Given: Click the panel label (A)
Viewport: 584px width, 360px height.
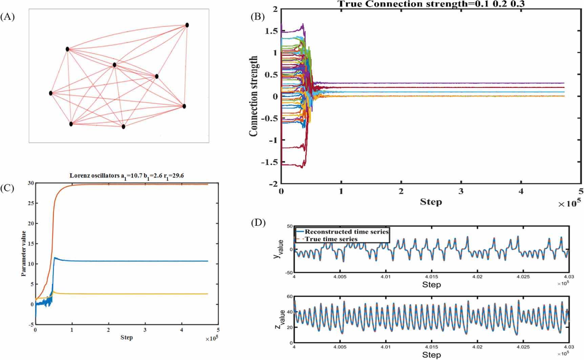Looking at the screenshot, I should coord(7,17).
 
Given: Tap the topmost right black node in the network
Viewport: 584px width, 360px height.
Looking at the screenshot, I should coord(187,25).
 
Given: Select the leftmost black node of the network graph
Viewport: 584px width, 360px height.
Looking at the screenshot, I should coord(51,93).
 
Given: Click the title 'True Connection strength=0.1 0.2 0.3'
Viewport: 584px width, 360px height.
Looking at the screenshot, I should coord(431,4).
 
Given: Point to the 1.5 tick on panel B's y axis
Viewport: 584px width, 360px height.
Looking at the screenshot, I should coord(271,31).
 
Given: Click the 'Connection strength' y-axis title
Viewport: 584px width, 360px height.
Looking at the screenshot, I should coord(254,97).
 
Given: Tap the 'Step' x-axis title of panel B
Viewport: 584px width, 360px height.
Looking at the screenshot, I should coord(431,202).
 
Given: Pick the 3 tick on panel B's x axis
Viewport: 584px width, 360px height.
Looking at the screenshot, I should coord(461,192).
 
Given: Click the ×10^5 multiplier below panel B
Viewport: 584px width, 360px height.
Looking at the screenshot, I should coord(569,203).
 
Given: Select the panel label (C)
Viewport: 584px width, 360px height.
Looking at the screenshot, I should coord(7,188).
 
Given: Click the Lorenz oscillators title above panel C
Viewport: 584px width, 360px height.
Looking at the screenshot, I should coord(127,176).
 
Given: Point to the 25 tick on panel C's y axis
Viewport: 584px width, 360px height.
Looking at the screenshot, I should coord(31,203).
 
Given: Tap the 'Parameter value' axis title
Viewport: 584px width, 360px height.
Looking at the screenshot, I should coord(24,254).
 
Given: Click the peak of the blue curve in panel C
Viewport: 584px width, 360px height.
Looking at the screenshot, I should coord(55,258).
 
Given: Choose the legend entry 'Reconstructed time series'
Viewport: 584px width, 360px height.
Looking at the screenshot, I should coord(346,232).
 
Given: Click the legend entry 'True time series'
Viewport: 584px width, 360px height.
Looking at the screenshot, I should coord(331,239).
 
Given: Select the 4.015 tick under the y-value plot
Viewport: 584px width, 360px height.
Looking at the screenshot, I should coord(431,277).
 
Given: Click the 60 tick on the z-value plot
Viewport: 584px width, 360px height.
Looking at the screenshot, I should coord(290,297).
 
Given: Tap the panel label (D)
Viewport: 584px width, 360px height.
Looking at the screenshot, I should coord(258,223).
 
